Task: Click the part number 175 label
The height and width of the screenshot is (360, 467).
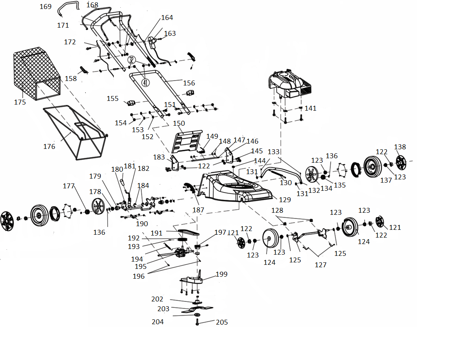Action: click(20, 102)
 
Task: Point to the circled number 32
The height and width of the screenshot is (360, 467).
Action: click(132, 60)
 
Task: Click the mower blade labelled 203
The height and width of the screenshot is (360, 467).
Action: click(197, 310)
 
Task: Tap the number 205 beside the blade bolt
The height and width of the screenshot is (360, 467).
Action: click(222, 322)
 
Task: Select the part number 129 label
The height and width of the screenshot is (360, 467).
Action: click(285, 200)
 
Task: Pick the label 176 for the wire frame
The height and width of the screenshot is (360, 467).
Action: click(49, 146)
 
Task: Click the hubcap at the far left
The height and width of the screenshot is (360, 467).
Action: click(7, 221)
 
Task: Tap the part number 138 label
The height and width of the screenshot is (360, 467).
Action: click(400, 147)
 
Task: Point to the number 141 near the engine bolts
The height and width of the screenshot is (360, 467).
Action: click(311, 108)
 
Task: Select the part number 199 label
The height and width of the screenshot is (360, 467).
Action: click(221, 274)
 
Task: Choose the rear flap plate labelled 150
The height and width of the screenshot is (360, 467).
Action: click(187, 142)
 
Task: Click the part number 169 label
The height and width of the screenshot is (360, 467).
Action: click(46, 7)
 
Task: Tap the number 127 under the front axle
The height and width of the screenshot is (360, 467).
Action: click(320, 265)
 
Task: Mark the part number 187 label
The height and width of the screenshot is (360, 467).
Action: click(198, 210)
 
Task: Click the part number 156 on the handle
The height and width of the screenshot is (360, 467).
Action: click(189, 83)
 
